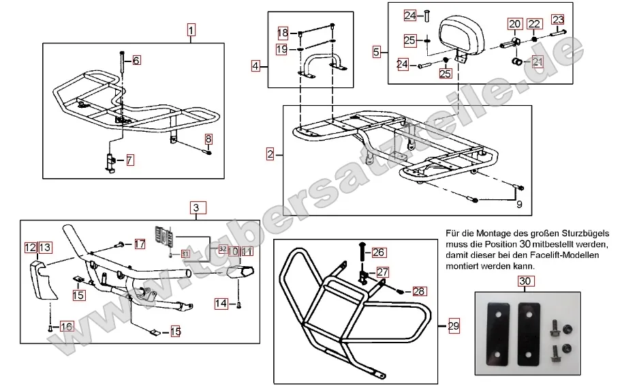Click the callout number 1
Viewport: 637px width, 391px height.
tap(191, 30)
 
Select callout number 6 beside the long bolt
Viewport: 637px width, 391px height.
tap(136, 61)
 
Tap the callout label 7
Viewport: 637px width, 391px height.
tap(129, 160)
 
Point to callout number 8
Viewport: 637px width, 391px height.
tap(209, 139)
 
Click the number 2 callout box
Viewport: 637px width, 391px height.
tap(270, 154)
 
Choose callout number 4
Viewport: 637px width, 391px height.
tap(255, 66)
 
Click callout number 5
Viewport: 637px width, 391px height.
tap(377, 50)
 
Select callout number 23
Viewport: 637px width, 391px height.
tap(558, 19)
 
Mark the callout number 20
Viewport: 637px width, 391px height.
tap(514, 24)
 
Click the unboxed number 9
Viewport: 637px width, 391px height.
tap(519, 203)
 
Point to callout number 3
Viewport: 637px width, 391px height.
tap(196, 207)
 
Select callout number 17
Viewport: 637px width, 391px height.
tap(139, 244)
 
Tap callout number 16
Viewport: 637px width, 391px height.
tap(66, 326)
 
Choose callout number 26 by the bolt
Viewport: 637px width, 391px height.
tap(379, 252)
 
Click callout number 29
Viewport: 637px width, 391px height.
tap(453, 327)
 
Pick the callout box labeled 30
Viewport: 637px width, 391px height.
tap(523, 280)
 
